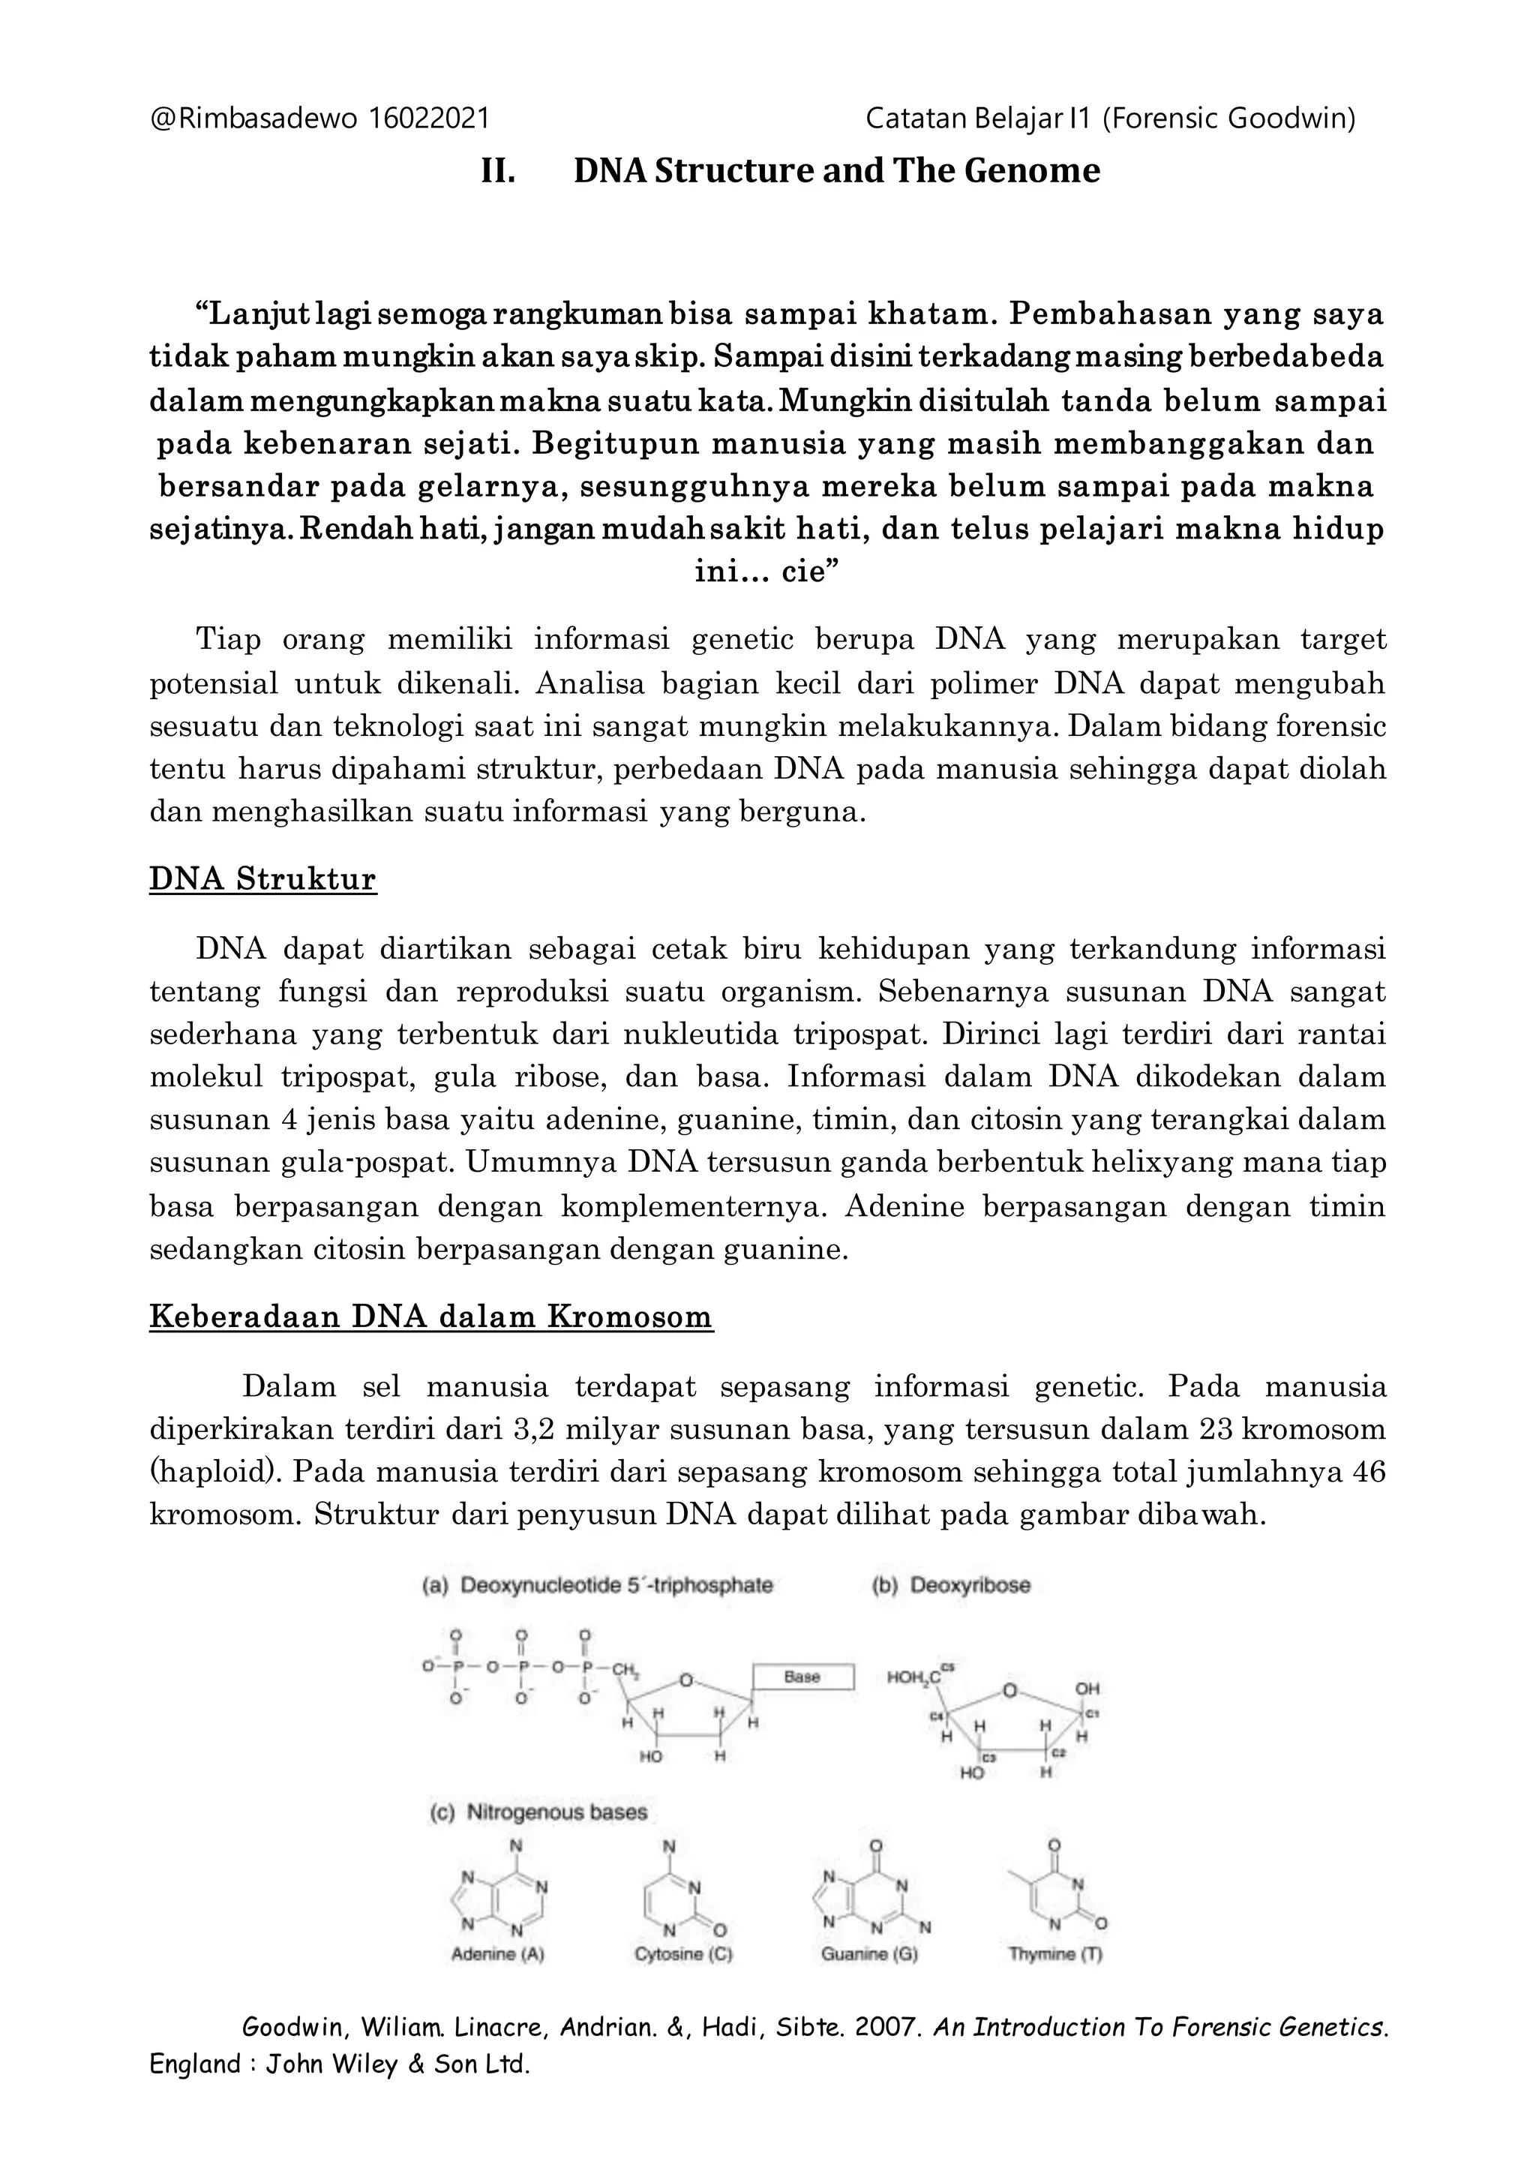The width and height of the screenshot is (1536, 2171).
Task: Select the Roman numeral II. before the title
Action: tap(499, 171)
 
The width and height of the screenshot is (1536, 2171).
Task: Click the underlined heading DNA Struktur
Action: tap(263, 880)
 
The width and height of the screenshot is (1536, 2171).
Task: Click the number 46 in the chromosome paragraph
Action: tap(1369, 1472)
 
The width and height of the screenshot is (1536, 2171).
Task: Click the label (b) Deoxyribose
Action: tap(950, 1585)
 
